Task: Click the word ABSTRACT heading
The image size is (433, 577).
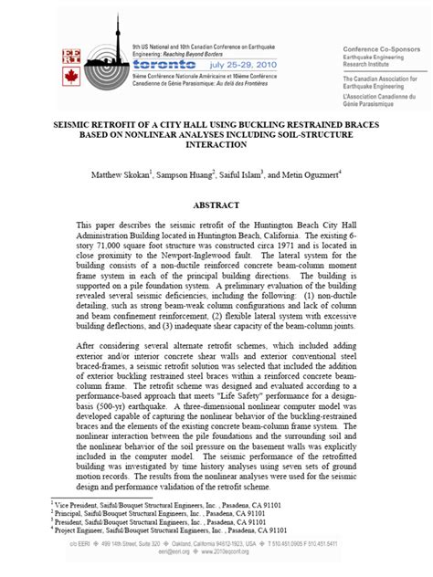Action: point(216,206)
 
